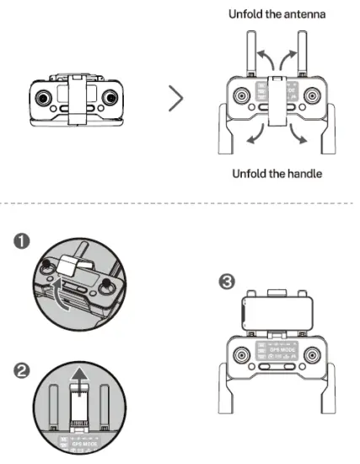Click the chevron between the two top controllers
coord(175,98)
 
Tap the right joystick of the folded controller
coord(109,98)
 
